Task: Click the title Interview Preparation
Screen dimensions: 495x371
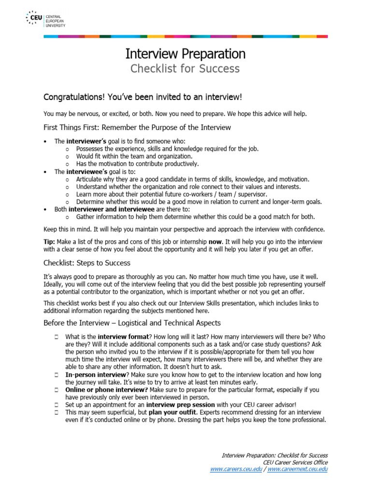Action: coord(185,53)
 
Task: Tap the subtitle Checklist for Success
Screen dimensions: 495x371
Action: coord(185,69)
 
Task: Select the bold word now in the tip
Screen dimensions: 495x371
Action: coord(215,242)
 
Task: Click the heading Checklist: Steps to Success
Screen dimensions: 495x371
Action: coord(87,263)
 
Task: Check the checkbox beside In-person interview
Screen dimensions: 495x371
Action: coord(57,375)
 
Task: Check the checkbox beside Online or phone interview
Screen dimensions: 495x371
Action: coord(57,389)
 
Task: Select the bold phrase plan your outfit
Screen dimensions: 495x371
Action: coord(172,412)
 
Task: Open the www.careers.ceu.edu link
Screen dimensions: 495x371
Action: coord(237,469)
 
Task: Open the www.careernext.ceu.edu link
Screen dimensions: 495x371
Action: coord(298,469)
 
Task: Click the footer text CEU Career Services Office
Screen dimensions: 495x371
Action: coord(295,462)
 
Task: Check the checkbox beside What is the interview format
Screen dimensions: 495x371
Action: coord(57,336)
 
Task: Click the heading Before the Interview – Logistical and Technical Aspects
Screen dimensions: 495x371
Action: coord(132,323)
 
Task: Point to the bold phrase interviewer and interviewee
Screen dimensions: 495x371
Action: coord(112,209)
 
